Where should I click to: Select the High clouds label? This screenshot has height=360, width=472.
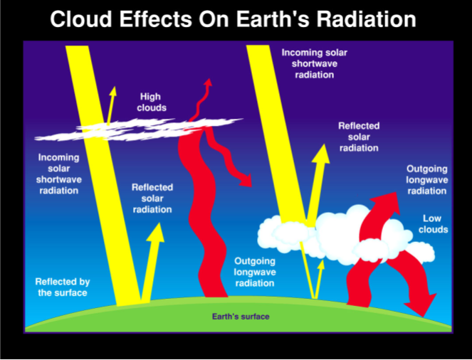tap(152, 102)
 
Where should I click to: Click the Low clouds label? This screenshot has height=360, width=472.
tap(435, 224)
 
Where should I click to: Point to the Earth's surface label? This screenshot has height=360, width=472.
tap(241, 317)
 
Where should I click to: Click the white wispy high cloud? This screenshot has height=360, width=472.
tap(142, 128)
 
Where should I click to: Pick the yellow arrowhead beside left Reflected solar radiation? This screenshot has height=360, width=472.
tap(155, 232)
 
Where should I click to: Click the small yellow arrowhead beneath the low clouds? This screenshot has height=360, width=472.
tap(320, 265)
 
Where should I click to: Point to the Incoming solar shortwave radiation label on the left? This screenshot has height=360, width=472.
tap(58, 174)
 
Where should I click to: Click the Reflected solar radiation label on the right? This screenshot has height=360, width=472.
tap(359, 137)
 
